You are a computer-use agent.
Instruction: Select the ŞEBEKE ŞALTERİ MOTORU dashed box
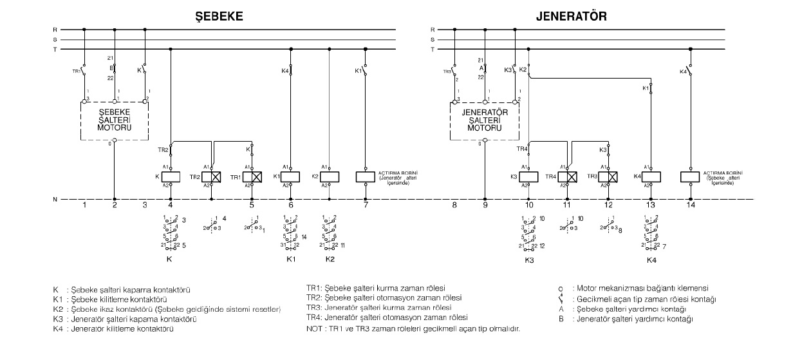(x=114, y=120)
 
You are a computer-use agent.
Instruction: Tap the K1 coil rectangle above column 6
(x=291, y=176)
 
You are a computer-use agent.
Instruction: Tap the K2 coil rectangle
(x=329, y=176)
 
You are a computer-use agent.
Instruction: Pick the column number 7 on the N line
(x=366, y=205)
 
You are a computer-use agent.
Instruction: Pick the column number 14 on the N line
(x=690, y=205)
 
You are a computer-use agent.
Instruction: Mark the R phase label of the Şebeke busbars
(x=55, y=30)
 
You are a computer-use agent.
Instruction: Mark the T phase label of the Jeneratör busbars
(x=432, y=49)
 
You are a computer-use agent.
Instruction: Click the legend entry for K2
(x=167, y=309)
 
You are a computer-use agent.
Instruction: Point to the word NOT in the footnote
(x=315, y=328)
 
